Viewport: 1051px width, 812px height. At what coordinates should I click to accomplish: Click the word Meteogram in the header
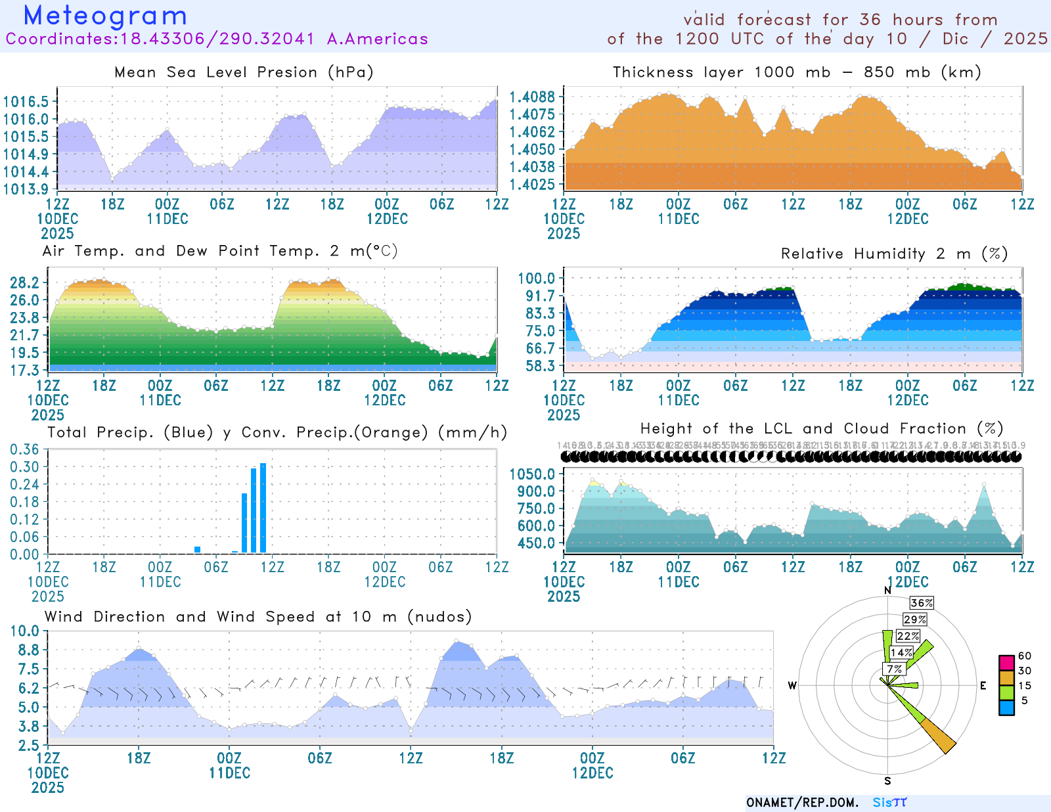105,16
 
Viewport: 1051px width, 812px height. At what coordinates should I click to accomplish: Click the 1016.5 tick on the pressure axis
26,102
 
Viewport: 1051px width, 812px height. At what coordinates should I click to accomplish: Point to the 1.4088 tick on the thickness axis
532,97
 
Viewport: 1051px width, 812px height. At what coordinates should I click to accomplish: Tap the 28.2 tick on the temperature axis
24,283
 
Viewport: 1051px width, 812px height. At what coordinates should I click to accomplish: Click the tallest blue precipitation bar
263,508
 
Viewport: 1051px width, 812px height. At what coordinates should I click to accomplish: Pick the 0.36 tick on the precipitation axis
24,449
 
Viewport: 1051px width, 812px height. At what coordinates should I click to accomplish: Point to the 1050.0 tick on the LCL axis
532,474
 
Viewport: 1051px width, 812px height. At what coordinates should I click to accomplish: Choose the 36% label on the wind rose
922,603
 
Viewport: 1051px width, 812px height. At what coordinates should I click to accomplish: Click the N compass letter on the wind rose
887,591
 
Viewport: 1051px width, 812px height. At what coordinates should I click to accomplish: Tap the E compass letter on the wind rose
983,686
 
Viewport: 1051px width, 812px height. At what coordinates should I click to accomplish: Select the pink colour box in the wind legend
1006,662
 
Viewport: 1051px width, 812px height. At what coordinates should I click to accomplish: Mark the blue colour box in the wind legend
1006,708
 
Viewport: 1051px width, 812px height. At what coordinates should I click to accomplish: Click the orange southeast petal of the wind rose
938,736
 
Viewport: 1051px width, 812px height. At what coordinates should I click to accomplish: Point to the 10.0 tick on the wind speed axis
24,631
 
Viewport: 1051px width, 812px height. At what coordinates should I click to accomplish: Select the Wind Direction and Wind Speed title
258,617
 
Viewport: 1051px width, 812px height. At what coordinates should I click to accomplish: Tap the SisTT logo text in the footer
889,803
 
